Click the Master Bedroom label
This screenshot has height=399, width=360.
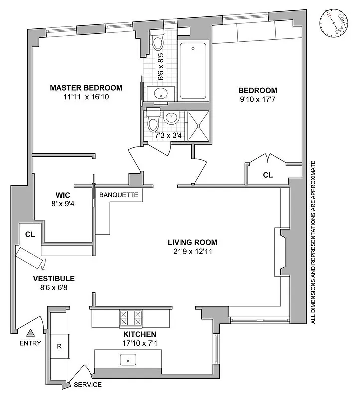tap(86, 88)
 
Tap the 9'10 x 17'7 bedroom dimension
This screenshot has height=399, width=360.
tap(257, 99)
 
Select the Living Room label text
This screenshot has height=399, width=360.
tap(192, 243)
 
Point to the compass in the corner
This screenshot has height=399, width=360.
tap(334, 24)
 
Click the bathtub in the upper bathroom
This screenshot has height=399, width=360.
tap(193, 71)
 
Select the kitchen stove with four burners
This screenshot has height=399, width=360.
tap(130, 317)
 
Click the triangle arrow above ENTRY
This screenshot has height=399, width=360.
tap(30, 333)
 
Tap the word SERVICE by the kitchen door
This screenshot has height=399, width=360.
tap(88, 385)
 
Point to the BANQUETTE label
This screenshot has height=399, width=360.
tap(119, 195)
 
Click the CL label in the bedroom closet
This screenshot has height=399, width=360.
tap(268, 175)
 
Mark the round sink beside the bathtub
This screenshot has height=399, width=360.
tap(161, 93)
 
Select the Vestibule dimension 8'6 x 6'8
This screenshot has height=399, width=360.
tap(54, 288)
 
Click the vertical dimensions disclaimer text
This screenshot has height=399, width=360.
tap(313, 242)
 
